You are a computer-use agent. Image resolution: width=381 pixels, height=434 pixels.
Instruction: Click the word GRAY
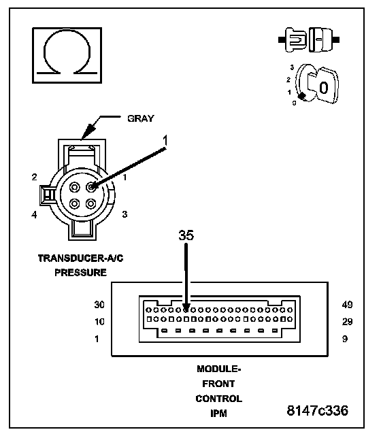pos(140,118)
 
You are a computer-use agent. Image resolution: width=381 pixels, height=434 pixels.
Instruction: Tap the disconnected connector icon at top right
pos(309,39)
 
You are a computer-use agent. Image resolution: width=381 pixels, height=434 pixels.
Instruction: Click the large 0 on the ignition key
pos(324,88)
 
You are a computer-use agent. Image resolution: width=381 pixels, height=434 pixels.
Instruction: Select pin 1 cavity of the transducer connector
pos(90,187)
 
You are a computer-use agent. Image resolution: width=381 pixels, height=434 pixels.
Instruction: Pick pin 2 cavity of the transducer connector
pos(74,187)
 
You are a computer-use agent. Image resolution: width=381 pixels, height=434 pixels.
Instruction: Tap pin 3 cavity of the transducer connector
pos(90,204)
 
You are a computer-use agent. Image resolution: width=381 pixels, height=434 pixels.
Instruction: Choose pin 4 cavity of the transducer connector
pos(74,204)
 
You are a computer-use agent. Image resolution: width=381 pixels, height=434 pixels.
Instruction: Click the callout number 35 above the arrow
pos(186,235)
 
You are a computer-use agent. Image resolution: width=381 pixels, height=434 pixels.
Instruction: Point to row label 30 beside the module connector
pos(99,305)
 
